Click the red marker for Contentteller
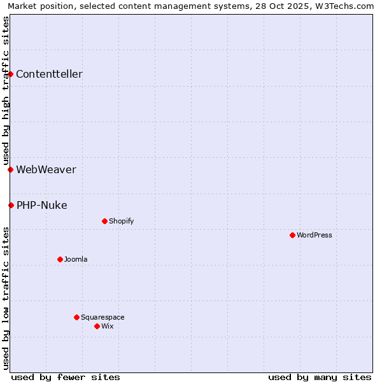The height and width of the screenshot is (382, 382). [11, 74]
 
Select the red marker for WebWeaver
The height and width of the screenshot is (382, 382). [11, 169]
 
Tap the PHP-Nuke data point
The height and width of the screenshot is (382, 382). [11, 205]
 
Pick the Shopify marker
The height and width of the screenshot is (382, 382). [104, 221]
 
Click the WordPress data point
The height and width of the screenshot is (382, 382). [292, 235]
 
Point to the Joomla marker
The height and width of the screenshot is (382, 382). [60, 259]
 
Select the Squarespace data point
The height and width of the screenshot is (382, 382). [76, 317]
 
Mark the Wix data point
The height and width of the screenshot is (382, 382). [97, 326]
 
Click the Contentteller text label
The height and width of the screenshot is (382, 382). [49, 74]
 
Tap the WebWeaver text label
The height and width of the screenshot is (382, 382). [46, 169]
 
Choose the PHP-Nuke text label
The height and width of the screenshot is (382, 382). [41, 205]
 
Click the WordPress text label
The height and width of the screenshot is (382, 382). [315, 235]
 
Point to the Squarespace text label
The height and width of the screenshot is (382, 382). [103, 317]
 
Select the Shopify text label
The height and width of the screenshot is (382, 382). [121, 221]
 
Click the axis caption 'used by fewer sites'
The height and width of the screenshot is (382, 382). [66, 377]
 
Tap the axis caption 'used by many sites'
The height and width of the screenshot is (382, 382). [320, 377]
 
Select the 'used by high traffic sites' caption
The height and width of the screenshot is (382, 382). [6, 90]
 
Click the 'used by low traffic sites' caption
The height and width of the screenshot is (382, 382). [6, 298]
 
